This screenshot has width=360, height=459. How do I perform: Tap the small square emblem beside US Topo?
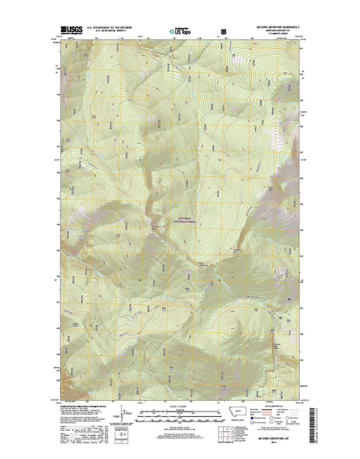[223, 31]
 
